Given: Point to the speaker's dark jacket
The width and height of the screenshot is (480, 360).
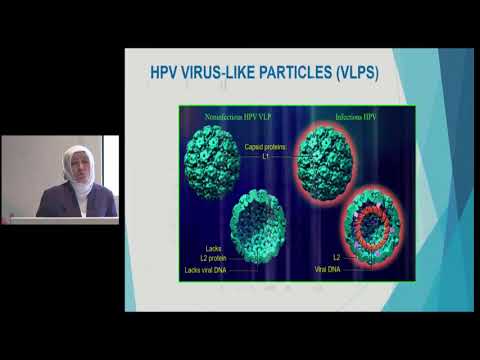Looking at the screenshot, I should click(x=75, y=204).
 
